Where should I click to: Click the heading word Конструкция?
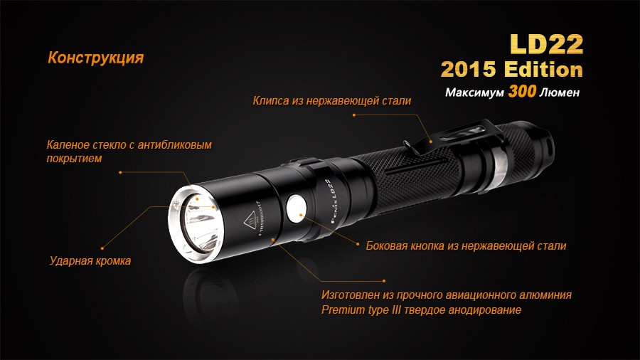[95, 58]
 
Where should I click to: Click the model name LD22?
[546, 44]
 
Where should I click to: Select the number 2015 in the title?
[470, 70]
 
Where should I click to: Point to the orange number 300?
[522, 93]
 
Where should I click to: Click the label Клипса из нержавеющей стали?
[332, 101]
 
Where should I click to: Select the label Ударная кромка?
[90, 261]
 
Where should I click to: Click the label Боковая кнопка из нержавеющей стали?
[466, 246]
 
